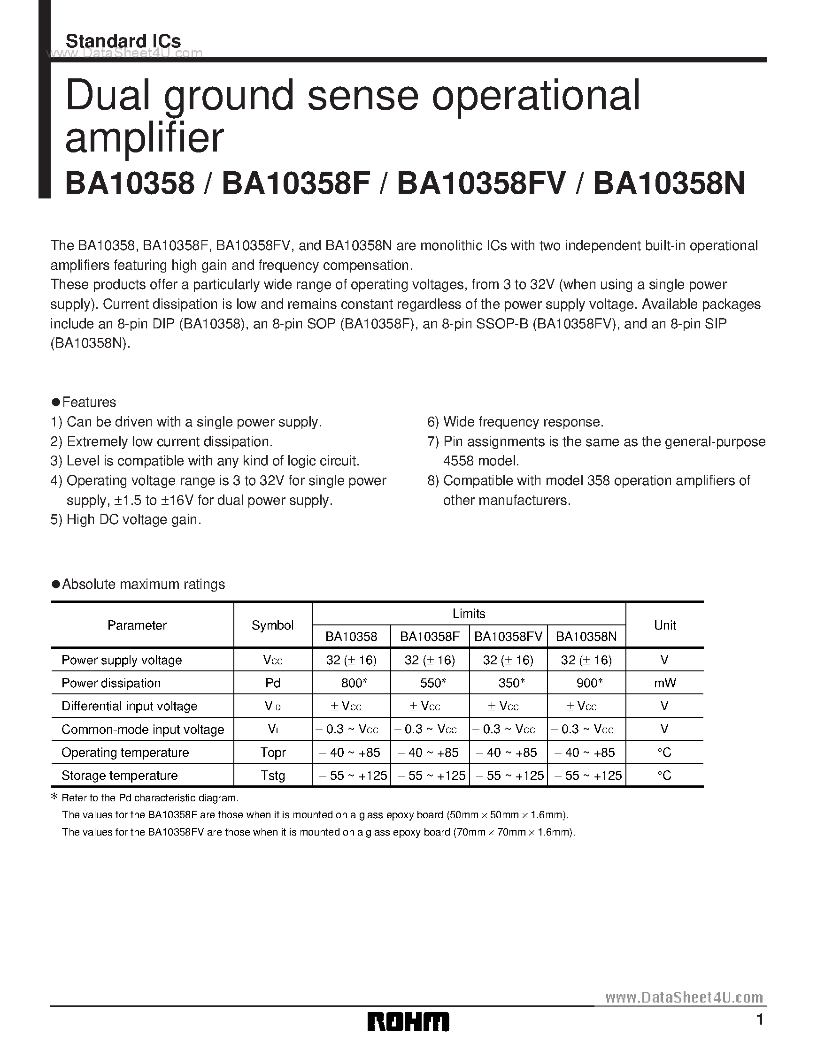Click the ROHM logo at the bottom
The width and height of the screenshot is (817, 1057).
click(x=408, y=1021)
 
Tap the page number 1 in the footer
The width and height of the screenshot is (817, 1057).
click(x=760, y=1020)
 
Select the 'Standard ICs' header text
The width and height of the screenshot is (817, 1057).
click(x=123, y=41)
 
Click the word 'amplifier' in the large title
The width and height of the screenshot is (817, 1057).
click(x=144, y=137)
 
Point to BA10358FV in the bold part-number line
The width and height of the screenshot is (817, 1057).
click(x=481, y=184)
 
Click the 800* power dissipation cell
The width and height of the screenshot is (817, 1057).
click(x=351, y=683)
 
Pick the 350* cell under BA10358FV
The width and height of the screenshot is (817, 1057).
click(x=508, y=683)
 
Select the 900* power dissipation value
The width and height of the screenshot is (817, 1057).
click(x=586, y=683)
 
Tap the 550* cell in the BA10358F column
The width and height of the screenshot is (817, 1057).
click(x=430, y=683)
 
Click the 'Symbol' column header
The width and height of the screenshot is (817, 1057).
click(x=273, y=625)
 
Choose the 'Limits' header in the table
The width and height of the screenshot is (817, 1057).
click(x=469, y=614)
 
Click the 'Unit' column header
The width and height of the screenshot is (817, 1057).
click(x=664, y=625)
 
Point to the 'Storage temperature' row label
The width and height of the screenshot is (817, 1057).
click(x=120, y=776)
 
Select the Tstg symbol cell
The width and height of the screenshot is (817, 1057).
click(x=273, y=776)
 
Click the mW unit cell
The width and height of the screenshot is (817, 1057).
click(x=664, y=683)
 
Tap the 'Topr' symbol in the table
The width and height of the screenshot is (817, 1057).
click(x=273, y=753)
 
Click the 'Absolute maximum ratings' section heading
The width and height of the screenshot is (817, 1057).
click(x=143, y=584)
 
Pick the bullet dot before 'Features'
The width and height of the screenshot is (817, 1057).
click(x=56, y=402)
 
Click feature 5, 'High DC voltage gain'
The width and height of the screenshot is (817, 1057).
click(x=126, y=520)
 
